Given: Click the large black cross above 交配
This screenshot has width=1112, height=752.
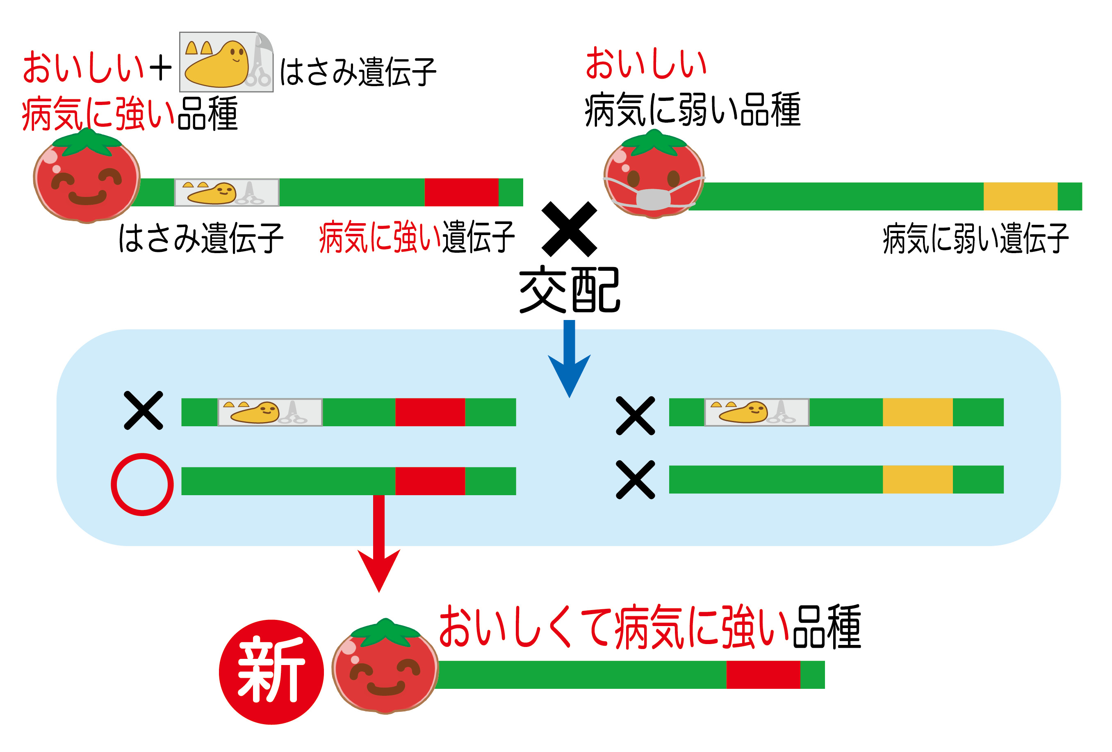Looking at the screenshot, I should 569,229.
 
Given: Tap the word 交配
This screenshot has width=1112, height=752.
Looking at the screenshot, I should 570,290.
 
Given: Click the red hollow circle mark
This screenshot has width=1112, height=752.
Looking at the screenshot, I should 142,484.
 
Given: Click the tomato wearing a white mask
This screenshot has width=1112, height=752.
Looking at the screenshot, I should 654,175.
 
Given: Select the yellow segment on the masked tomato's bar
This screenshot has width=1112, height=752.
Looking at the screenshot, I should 1020,196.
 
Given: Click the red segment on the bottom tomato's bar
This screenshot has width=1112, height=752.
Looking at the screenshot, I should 763,674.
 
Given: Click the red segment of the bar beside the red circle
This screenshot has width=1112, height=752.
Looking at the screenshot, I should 430,480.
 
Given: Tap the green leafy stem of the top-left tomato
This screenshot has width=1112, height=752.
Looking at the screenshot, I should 87,142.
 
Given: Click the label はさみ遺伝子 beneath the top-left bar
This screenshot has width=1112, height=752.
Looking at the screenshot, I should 201,238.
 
